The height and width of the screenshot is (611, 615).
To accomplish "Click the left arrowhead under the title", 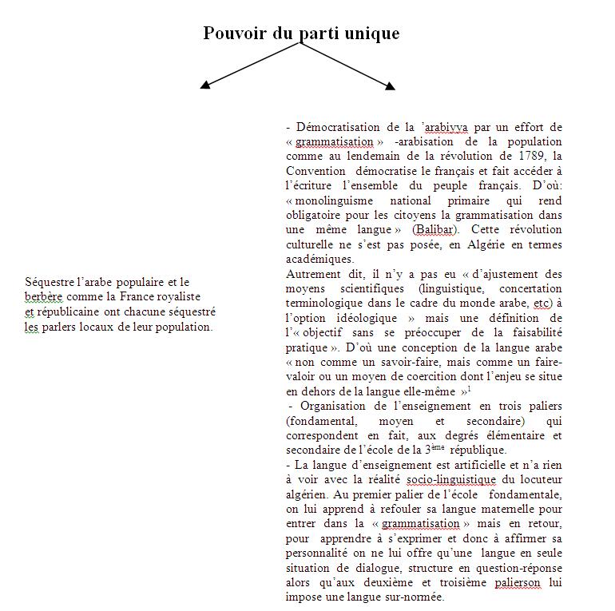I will [205, 83].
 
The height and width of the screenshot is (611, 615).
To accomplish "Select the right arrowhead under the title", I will [390, 85].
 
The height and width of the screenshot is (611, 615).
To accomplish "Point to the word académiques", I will [319, 260].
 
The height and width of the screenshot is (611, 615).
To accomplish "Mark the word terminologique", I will [323, 304].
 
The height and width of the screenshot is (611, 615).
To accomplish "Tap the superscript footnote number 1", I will [469, 389].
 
